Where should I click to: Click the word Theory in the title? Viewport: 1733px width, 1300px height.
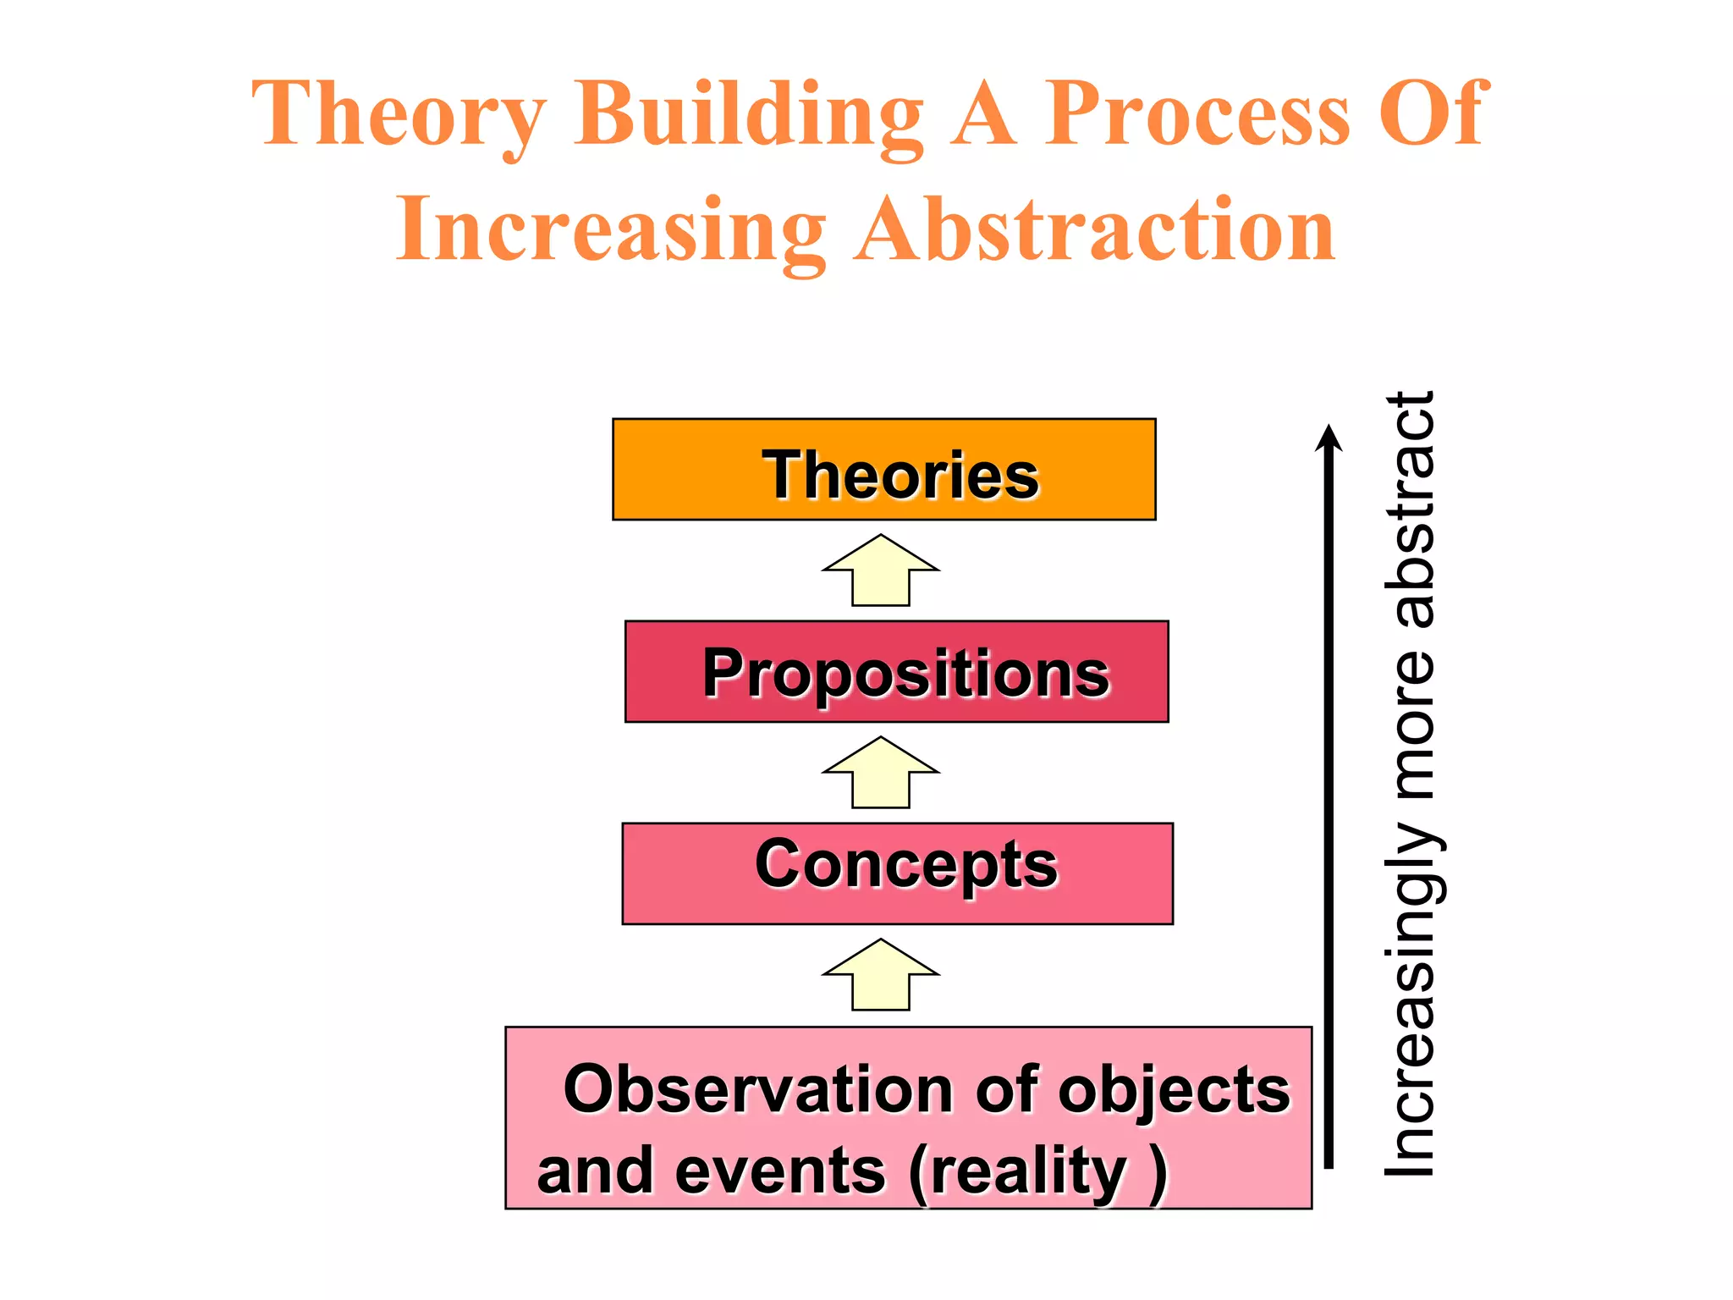click(398, 114)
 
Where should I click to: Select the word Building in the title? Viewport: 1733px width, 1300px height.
click(748, 114)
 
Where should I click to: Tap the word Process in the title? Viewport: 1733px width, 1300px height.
click(1197, 114)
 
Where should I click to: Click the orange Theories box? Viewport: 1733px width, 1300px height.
click(883, 470)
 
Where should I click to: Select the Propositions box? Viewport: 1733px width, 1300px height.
click(896, 672)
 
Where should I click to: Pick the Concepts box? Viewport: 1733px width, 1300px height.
click(897, 873)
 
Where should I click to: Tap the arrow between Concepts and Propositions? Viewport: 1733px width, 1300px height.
click(881, 772)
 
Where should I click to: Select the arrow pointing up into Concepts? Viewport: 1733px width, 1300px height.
click(881, 974)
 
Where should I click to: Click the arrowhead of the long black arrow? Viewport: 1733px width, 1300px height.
click(1329, 438)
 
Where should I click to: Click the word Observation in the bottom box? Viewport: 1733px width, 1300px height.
click(758, 1090)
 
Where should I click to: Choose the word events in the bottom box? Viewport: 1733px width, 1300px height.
click(779, 1171)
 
